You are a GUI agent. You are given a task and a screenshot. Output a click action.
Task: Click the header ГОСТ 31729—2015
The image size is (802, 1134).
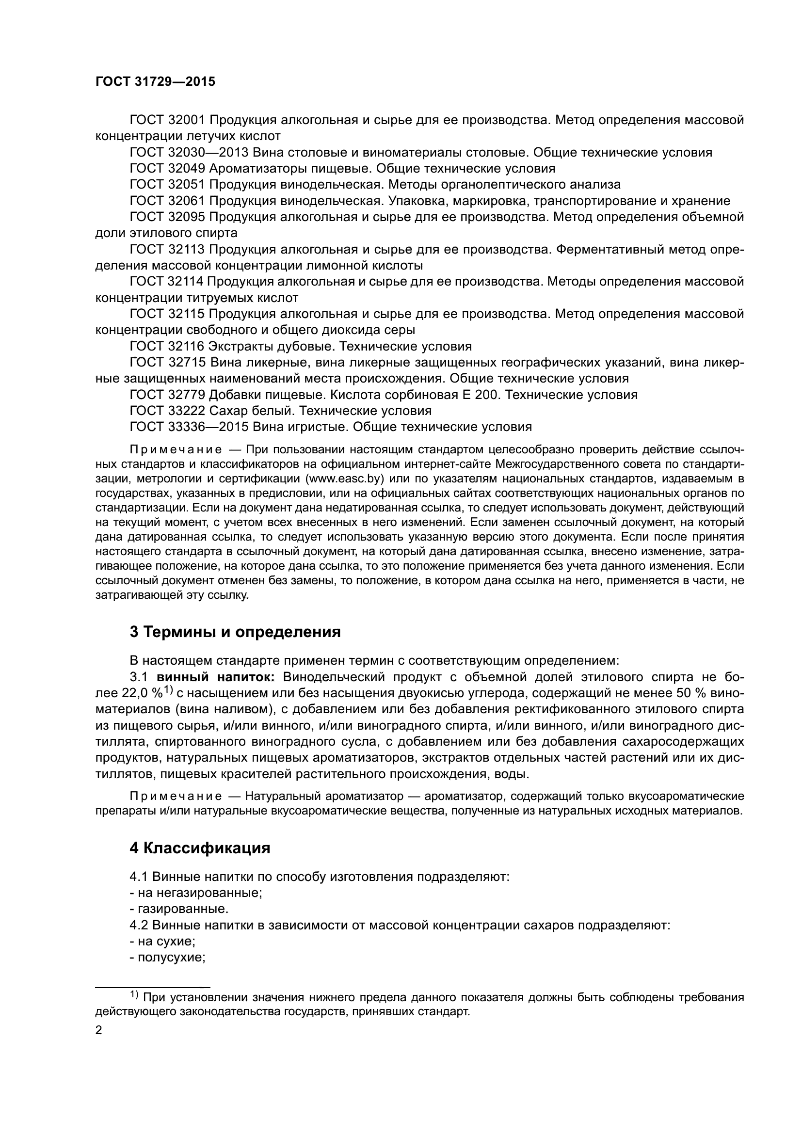155,82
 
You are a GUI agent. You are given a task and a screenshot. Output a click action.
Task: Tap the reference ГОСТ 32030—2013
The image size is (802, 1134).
189,152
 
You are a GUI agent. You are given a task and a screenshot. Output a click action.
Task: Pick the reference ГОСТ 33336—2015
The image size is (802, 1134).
189,427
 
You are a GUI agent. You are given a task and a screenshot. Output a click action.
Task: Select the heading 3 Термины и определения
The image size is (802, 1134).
235,632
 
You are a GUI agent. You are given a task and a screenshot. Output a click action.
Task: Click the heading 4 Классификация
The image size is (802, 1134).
200,848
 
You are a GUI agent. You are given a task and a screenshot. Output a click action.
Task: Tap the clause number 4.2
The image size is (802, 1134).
139,926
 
